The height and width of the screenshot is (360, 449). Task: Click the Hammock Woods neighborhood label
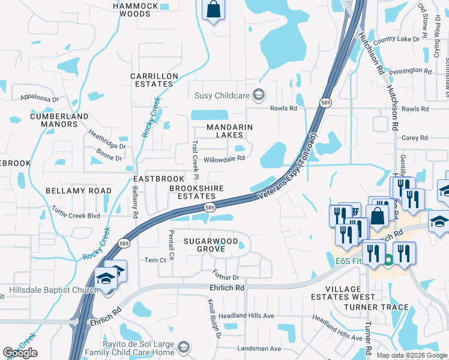tap(135, 10)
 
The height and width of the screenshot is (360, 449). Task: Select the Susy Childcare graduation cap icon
tap(259, 94)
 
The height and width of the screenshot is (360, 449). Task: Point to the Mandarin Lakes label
tap(229, 131)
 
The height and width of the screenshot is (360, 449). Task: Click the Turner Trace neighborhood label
tap(376, 307)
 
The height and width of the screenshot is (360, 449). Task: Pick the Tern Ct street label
tap(155, 260)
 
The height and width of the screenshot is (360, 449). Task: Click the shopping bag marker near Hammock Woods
tap(213, 10)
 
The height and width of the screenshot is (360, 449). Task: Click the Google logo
tap(20, 353)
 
